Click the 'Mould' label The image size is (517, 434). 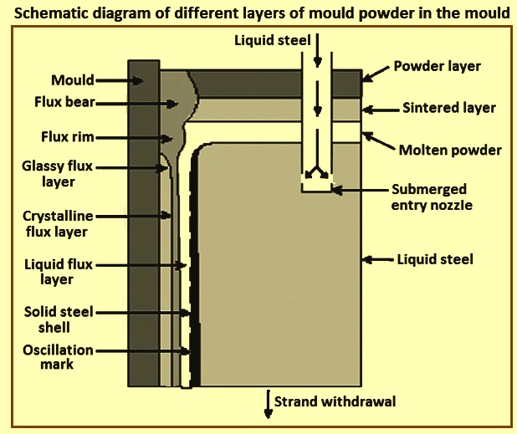[x=73, y=80]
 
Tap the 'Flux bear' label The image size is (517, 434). [x=64, y=102]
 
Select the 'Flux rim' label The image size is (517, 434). [x=68, y=137]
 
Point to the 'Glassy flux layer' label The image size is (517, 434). [x=58, y=174]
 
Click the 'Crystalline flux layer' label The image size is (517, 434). [x=58, y=224]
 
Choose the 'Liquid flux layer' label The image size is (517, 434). [x=59, y=272]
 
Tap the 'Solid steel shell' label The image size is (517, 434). [x=59, y=319]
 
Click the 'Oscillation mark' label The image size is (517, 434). [x=58, y=357]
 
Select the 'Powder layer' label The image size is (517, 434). [x=438, y=66]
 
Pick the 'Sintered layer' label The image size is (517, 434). [x=449, y=108]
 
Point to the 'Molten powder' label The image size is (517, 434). [x=450, y=150]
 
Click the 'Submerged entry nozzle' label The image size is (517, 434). [x=432, y=197]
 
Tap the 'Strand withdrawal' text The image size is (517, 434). [x=335, y=401]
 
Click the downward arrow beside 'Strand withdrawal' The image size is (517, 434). [x=269, y=405]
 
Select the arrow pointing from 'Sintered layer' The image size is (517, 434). [x=381, y=110]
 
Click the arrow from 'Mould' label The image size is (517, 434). [x=120, y=80]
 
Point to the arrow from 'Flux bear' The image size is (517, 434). [x=137, y=104]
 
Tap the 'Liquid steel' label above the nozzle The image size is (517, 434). [x=273, y=40]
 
